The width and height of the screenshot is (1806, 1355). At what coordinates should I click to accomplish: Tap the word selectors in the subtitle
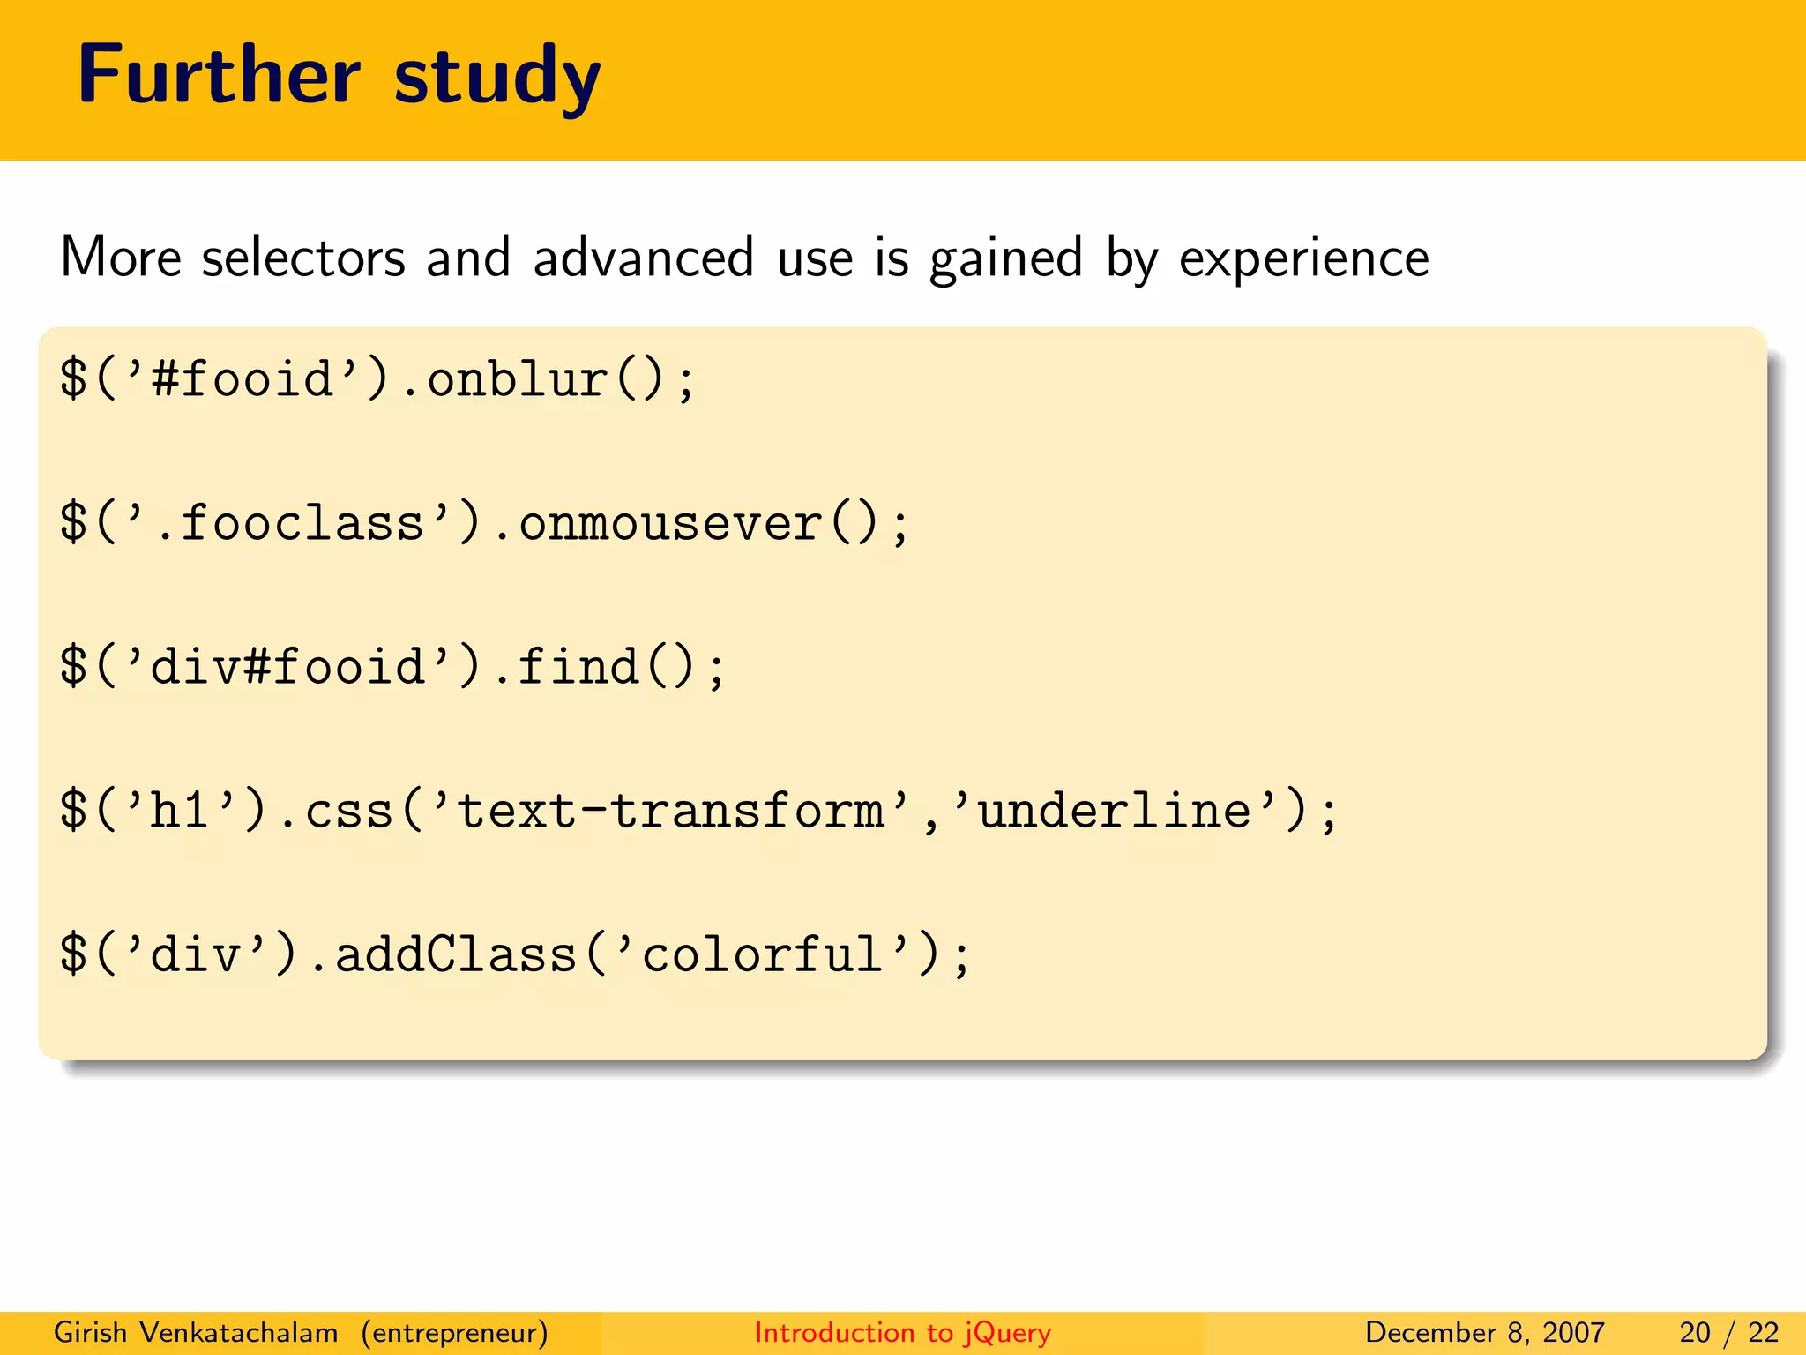[x=303, y=258]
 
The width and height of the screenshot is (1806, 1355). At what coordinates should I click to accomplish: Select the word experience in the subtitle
[x=1303, y=259]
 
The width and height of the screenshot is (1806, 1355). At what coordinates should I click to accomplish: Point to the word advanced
[x=643, y=258]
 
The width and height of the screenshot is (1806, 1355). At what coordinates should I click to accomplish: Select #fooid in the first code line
[x=243, y=379]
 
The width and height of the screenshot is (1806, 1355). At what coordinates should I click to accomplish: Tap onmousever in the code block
[x=670, y=523]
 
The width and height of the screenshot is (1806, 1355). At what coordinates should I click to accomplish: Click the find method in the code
[x=578, y=667]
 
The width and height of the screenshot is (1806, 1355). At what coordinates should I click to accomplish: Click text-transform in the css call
[x=670, y=811]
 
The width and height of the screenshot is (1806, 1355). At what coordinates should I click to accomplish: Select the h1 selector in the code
[x=181, y=811]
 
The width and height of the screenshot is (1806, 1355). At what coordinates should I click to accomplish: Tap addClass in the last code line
[x=456, y=954]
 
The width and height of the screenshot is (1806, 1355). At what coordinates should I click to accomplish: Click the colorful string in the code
[x=763, y=954]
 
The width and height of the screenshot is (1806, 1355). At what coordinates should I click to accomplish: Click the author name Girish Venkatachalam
[x=196, y=1332]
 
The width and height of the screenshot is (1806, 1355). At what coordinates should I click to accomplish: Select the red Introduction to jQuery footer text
[x=902, y=1332]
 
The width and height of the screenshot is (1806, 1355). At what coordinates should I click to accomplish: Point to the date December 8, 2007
[x=1484, y=1332]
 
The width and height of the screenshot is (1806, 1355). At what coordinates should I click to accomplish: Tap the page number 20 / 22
[x=1728, y=1332]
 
